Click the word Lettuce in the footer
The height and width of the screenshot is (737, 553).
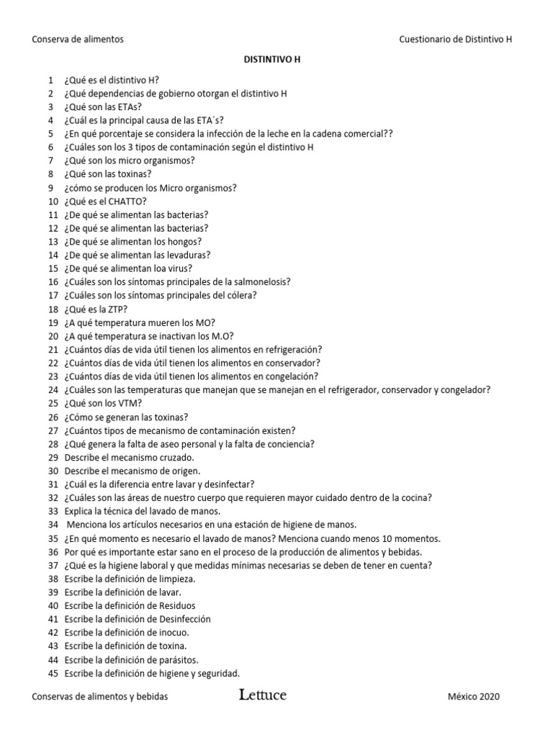[263, 695]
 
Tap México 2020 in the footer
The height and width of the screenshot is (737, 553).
[473, 697]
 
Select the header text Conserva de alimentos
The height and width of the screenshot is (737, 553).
[78, 40]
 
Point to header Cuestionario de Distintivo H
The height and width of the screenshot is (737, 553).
[456, 40]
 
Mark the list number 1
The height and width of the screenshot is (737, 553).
[51, 79]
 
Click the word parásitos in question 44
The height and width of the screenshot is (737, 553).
[176, 660]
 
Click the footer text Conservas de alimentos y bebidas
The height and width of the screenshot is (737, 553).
[100, 697]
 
